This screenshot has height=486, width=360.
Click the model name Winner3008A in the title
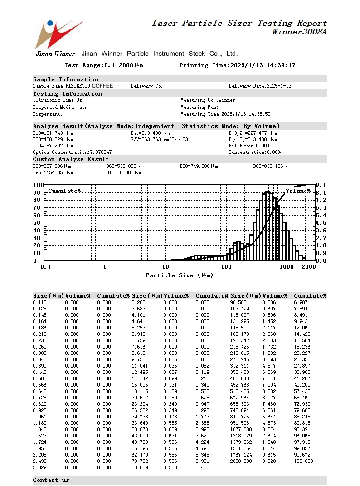[299, 32]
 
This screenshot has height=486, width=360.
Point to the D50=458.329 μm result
[53, 139]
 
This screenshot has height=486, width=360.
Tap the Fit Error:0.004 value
[249, 146]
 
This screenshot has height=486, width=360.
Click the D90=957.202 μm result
[53, 146]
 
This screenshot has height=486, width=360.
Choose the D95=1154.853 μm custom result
[53, 173]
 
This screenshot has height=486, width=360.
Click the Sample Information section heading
[66, 79]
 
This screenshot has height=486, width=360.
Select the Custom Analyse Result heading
[71, 159]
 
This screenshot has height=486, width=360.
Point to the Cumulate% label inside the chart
[64, 191]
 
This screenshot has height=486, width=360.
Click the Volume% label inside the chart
[298, 191]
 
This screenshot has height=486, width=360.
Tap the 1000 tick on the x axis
[287, 267]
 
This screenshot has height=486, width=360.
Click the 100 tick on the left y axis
[38, 185]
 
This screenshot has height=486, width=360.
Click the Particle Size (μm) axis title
[179, 275]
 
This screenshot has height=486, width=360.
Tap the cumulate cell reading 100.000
[303, 461]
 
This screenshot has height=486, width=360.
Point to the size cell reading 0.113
[39, 302]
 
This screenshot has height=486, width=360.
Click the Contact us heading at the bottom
[51, 480]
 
